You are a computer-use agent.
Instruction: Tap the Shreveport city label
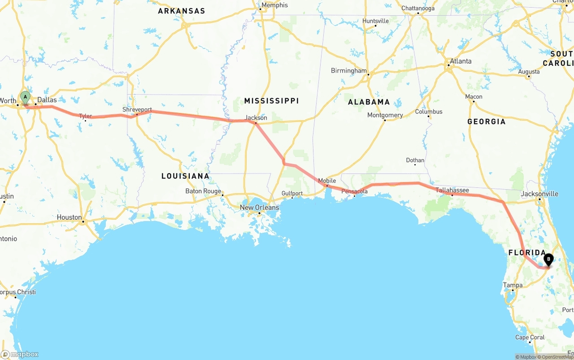point(137,110)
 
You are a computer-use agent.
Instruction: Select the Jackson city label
point(256,118)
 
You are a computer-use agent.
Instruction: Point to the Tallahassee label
point(452,191)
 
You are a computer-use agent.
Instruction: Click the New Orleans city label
point(259,208)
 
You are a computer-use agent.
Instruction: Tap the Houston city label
point(70,217)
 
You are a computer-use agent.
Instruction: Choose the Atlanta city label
point(461,61)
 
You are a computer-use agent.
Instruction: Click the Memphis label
point(274,5)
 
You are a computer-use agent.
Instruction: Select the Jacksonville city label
point(539,194)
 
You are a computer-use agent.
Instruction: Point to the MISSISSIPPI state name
point(271,101)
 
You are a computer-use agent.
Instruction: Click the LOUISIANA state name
point(185,176)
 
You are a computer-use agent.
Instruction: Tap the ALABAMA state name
point(369,102)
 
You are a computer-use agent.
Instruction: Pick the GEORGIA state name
point(486,121)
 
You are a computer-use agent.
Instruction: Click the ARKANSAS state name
point(181,11)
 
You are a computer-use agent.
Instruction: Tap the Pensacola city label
point(354,191)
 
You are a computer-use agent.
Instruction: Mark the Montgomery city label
point(385,115)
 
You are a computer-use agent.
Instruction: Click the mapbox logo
point(20,354)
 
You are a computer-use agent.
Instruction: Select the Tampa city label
point(513,285)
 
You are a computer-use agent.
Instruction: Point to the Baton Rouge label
point(203,191)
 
